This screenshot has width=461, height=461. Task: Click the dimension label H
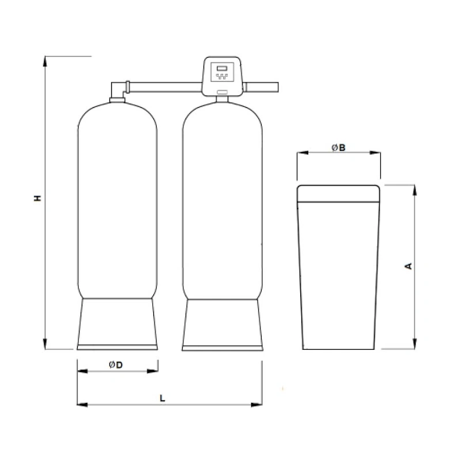tap(37, 198)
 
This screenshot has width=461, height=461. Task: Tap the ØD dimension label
tap(116, 365)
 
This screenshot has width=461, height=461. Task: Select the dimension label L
tap(163, 398)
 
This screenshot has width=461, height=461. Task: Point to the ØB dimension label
tap(338, 148)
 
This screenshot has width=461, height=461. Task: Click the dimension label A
tap(409, 266)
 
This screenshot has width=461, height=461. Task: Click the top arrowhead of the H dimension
tap(45, 61)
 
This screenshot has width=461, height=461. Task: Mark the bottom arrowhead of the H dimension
tap(45, 343)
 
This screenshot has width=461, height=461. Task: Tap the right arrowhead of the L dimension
tap(256, 405)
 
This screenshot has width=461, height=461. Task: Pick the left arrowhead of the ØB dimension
tap(303, 153)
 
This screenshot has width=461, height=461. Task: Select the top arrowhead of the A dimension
tap(414, 191)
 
